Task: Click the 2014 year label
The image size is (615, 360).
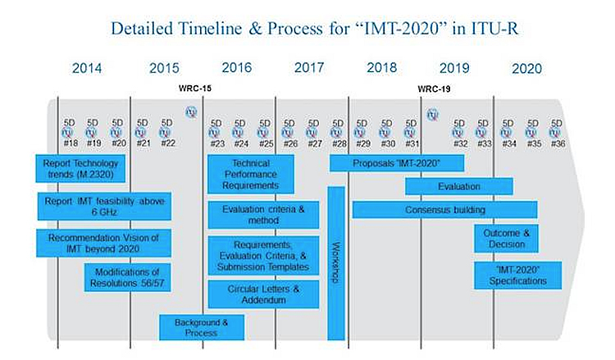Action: click(87, 68)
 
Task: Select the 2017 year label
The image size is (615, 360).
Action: click(309, 68)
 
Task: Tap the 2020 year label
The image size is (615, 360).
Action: click(526, 68)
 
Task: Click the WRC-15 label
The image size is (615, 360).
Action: click(195, 88)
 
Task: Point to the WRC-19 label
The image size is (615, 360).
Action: click(434, 88)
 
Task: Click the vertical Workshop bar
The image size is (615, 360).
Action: click(336, 262)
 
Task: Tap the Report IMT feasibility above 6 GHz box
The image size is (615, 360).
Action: click(104, 206)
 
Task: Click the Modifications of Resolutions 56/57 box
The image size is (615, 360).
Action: click(126, 277)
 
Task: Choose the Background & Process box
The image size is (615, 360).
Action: click(202, 327)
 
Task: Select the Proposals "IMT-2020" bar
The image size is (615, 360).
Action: click(397, 163)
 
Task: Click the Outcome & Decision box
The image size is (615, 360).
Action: click(506, 239)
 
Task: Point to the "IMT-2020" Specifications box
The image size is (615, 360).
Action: click(506, 275)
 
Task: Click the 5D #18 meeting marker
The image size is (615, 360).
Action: click(71, 133)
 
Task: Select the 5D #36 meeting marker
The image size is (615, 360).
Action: click(557, 133)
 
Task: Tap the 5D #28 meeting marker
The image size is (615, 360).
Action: click(337, 133)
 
